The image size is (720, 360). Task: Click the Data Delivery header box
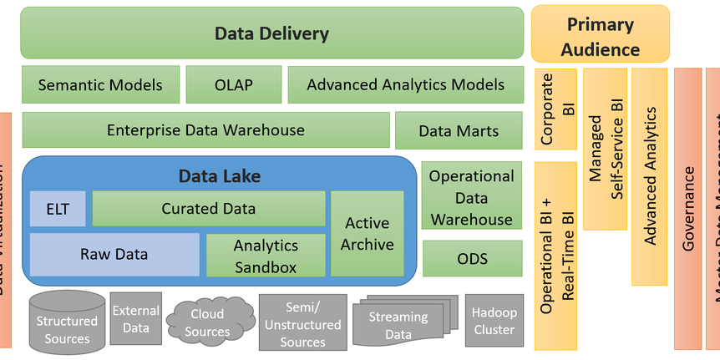pos(271,34)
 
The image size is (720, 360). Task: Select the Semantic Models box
pos(99,85)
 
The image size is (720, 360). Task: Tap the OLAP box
pos(232,85)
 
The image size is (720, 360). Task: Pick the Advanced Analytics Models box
pos(405,85)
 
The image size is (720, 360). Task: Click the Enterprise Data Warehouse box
pos(205,130)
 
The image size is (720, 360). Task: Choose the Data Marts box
pos(459,131)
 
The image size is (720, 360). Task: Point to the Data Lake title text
pos(219,175)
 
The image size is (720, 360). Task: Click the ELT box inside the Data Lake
pos(58,209)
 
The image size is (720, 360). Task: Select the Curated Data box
pos(208,209)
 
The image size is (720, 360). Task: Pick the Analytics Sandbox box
pos(266,256)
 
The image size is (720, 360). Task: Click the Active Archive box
pos(368,234)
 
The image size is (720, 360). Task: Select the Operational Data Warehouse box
pos(471,198)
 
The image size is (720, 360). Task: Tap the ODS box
pos(472,259)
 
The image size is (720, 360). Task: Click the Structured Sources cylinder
pos(67,322)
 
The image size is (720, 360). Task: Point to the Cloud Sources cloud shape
pos(207,322)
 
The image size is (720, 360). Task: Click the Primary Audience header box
pos(600,34)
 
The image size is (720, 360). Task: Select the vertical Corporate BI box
pos(555,109)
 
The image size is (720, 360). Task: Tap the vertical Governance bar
pos(688,209)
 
